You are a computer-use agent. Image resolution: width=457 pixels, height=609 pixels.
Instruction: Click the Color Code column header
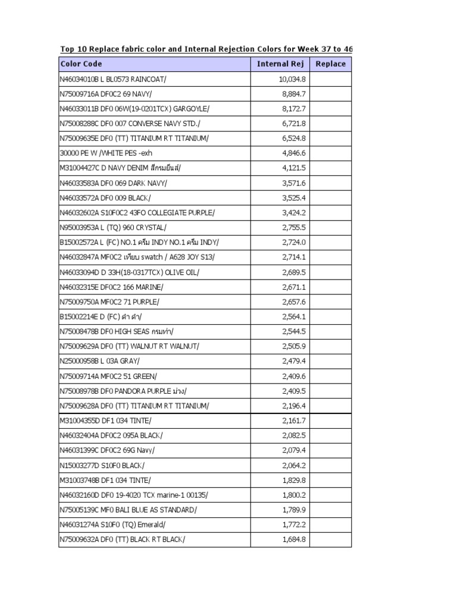(81, 64)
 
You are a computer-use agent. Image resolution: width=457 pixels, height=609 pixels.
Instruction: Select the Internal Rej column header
(280, 64)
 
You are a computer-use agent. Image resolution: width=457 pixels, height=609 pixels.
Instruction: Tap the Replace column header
(330, 64)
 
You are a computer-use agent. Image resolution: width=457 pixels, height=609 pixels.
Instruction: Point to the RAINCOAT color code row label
(113, 79)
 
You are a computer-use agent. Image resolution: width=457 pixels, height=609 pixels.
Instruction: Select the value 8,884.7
(294, 94)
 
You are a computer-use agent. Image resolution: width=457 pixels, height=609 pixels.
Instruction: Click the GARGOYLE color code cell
(134, 109)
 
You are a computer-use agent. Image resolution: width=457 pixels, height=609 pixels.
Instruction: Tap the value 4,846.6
(294, 153)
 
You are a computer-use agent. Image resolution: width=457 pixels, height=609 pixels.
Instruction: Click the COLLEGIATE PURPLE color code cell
(137, 213)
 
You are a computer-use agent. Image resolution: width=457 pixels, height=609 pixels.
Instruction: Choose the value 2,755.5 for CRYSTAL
(294, 228)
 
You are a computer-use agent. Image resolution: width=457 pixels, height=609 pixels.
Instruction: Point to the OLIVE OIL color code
(130, 272)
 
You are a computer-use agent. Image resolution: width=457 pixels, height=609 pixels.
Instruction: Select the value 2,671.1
(294, 287)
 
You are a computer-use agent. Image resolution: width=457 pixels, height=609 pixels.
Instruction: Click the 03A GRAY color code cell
(100, 362)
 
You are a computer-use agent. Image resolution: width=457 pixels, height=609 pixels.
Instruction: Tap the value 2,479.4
(294, 362)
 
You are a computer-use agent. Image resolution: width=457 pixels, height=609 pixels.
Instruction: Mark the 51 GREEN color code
(109, 376)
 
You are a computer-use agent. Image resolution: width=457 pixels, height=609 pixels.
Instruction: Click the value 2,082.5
(294, 436)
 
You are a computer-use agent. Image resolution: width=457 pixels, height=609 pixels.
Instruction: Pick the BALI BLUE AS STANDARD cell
(128, 510)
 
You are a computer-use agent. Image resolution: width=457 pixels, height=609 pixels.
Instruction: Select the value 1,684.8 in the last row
(294, 540)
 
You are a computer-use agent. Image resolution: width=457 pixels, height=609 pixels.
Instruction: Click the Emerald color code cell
(113, 525)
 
